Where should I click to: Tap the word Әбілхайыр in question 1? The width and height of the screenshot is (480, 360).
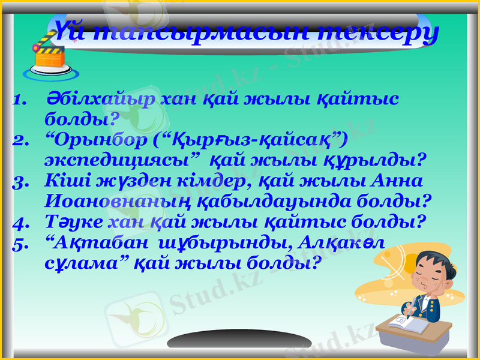coord(101,99)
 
